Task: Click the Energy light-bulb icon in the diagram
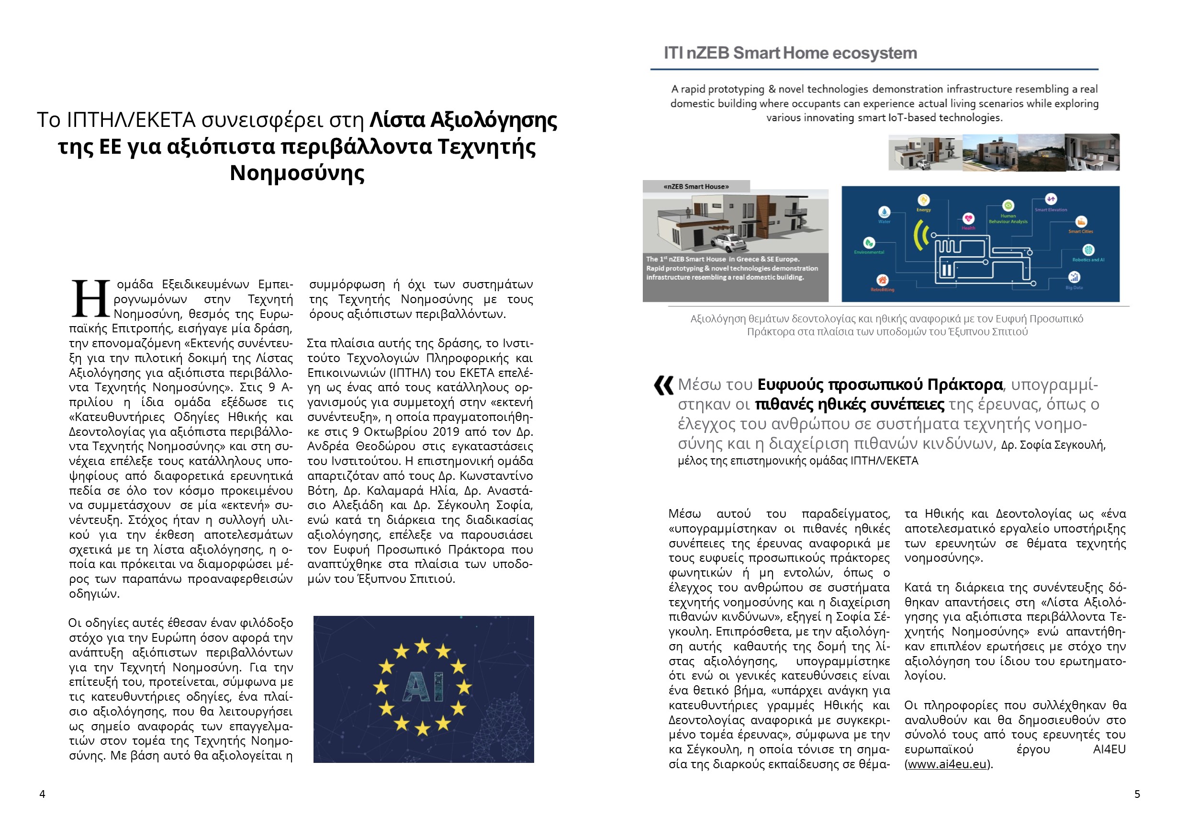click(923, 200)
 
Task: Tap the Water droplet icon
click(884, 212)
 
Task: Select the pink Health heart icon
click(968, 219)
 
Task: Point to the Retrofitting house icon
click(882, 280)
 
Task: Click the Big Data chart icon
click(1074, 278)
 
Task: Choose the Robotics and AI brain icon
click(1088, 250)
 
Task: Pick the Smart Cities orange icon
click(1081, 222)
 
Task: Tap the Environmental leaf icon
click(869, 243)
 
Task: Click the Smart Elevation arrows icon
click(1051, 199)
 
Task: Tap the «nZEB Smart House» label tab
click(696, 187)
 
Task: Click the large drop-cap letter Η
click(90, 299)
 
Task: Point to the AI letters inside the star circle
click(423, 687)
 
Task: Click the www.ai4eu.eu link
click(947, 764)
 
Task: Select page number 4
click(43, 794)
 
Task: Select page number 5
click(1137, 794)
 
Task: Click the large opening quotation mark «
click(663, 386)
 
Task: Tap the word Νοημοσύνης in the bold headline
click(297, 173)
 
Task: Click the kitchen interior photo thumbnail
click(1092, 152)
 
